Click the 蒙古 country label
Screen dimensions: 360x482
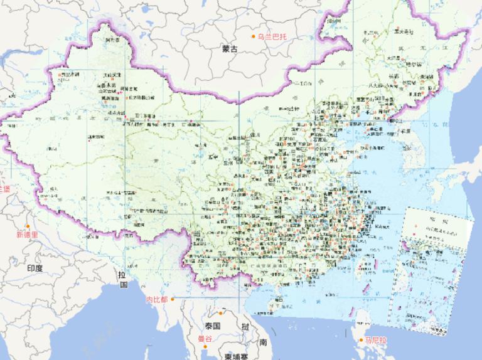[230, 48]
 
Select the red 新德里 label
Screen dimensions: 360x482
[28, 235]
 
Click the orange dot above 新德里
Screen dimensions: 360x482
[28, 226]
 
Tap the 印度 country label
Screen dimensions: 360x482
[35, 268]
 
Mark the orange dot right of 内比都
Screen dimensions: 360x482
[172, 299]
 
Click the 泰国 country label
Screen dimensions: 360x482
[212, 326]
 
